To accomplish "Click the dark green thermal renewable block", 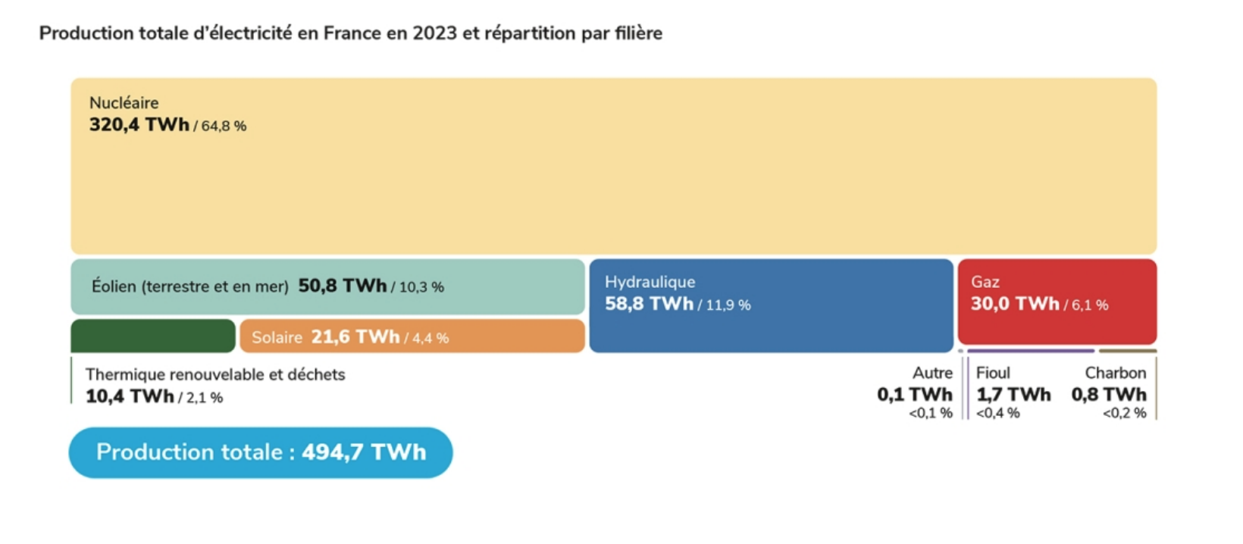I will [x=153, y=336].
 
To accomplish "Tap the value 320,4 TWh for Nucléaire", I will [x=139, y=125].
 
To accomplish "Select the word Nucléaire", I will [x=124, y=103].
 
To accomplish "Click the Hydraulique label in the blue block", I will [x=650, y=282].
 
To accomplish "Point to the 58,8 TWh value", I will [x=649, y=304].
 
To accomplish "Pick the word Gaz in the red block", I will [x=985, y=282].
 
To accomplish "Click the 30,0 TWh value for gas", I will [x=1015, y=304].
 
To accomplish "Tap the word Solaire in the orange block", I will [x=277, y=338].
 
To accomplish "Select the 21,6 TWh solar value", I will [x=355, y=337].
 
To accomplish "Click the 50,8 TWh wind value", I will [x=343, y=286].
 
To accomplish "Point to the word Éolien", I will [x=114, y=286].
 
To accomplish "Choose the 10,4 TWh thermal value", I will [x=130, y=396].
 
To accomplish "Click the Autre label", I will [x=932, y=373].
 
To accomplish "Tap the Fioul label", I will [x=993, y=373].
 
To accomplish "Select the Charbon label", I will [x=1115, y=373].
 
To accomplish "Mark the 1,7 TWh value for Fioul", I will [x=1013, y=395].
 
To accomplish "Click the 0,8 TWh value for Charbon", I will [x=1109, y=395].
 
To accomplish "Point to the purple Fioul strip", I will [x=1031, y=351].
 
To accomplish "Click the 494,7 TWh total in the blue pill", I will [x=364, y=452].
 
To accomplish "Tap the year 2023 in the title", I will [x=435, y=33].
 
